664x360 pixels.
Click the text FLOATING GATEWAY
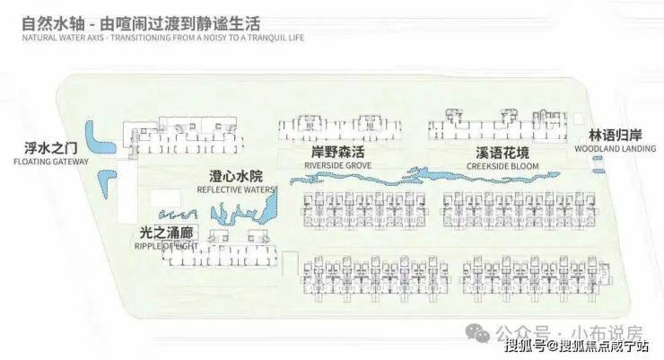[x=51, y=162]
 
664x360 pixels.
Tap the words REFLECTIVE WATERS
[x=236, y=189]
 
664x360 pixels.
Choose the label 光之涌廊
[x=150, y=232]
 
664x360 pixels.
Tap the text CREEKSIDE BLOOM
[x=502, y=166]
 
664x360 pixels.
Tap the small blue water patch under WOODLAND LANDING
[x=598, y=162]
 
